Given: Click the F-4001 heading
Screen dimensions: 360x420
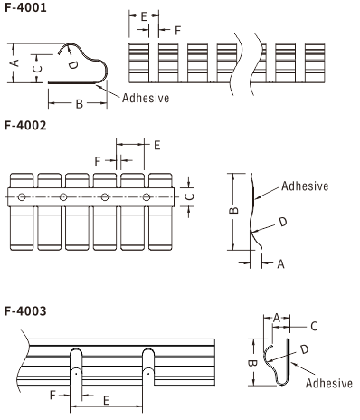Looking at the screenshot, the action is coord(25,7).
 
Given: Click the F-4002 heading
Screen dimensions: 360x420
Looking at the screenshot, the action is coord(25,125).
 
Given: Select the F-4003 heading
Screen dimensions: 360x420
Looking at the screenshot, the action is coord(25,310).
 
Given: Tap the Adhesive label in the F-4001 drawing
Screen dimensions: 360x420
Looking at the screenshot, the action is coord(146,98).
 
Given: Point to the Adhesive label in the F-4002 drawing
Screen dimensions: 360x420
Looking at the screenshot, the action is coord(305,186).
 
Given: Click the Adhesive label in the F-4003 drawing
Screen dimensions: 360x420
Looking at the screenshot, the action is coord(329,383).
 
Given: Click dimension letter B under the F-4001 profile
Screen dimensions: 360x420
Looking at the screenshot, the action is coord(80,104).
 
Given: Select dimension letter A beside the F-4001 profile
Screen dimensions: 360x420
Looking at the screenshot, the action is coord(14,63).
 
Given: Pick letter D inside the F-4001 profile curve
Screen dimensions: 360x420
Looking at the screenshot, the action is coord(72,64).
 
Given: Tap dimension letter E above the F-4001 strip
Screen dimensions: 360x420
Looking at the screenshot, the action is coord(144,16).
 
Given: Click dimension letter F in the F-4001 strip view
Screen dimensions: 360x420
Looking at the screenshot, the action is coord(177,31).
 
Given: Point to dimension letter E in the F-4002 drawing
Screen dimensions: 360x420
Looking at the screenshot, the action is coord(157,146).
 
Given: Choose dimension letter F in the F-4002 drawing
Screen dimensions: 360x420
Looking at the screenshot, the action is coord(98,161).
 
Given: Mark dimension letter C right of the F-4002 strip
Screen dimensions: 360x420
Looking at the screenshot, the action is coord(189,196).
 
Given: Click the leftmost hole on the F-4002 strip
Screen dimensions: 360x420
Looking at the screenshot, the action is coord(22,197).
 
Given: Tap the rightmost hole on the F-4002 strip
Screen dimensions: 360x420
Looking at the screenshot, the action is coord(147,197).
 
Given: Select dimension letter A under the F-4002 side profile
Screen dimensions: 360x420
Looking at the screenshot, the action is coord(280,264).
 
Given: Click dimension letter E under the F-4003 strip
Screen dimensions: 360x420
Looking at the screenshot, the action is coord(106,401).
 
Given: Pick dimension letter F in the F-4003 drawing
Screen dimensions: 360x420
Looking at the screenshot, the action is coord(53,395).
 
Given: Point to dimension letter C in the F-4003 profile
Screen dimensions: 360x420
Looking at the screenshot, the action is coord(314,326).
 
